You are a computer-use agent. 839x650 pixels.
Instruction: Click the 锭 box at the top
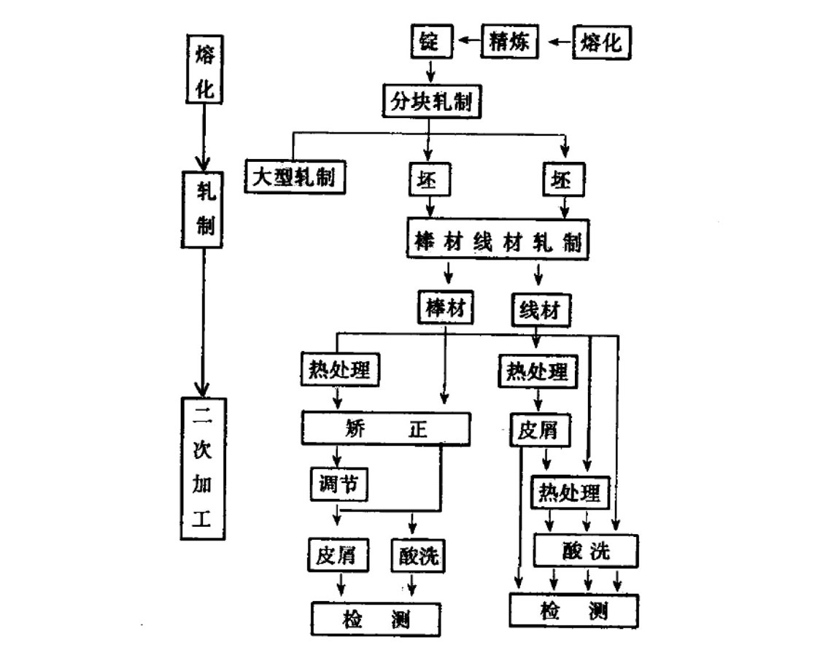click(x=429, y=42)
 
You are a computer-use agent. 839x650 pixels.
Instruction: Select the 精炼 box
click(x=509, y=42)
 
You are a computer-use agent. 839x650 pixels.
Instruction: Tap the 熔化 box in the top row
click(x=602, y=42)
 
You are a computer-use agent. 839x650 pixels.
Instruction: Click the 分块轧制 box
click(x=432, y=101)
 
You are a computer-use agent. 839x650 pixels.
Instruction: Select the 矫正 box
click(x=387, y=429)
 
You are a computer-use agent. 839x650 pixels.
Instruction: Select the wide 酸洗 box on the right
click(x=587, y=551)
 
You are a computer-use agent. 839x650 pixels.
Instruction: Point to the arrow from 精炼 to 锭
click(x=468, y=42)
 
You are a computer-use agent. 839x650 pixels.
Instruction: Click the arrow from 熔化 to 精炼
click(x=560, y=42)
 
